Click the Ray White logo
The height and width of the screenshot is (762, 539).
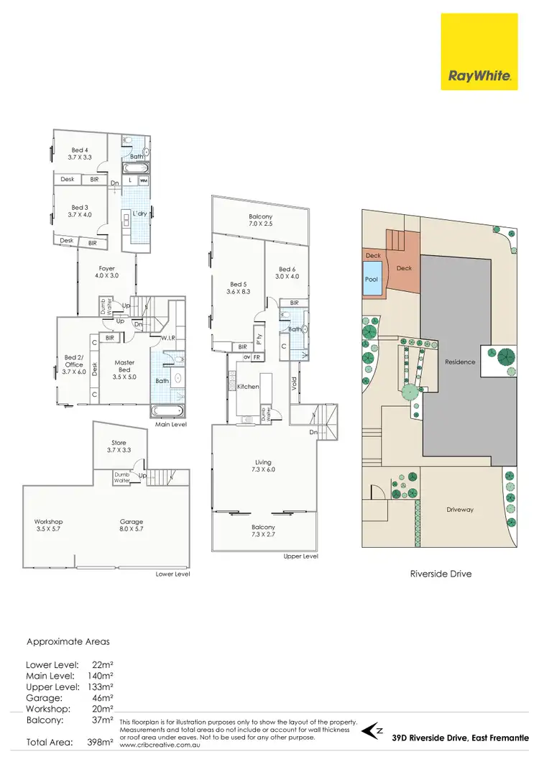[480, 75]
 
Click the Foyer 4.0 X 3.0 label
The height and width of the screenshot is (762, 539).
[107, 272]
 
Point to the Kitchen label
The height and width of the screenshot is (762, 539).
[247, 387]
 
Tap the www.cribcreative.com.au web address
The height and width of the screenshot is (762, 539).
[157, 745]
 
